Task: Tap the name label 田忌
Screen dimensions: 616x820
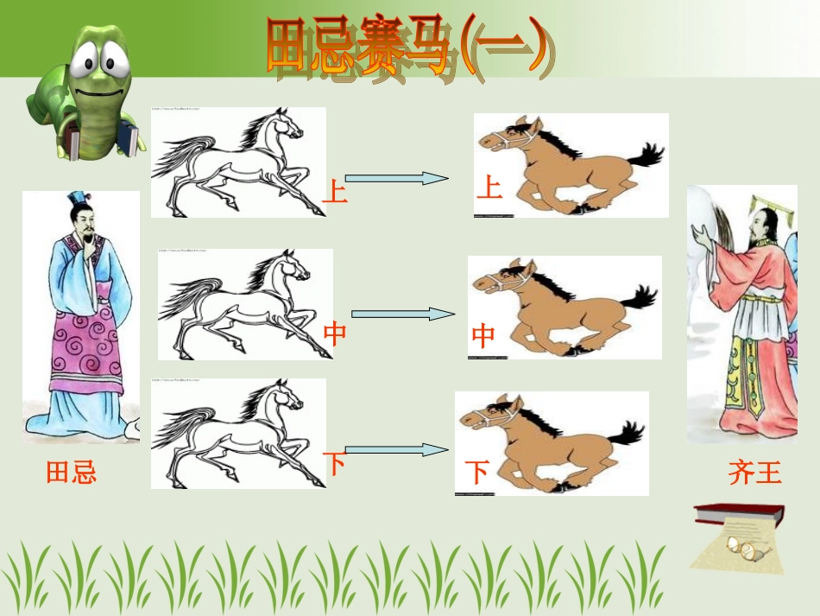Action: click(71, 472)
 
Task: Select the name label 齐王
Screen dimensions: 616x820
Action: click(754, 473)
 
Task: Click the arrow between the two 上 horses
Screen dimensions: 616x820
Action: click(396, 178)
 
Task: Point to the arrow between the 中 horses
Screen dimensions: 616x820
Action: click(401, 314)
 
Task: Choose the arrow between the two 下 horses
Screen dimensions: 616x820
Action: click(396, 449)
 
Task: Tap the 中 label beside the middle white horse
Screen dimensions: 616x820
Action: click(335, 333)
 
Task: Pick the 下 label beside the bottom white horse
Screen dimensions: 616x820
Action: click(335, 464)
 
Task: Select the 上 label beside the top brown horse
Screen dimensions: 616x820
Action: click(489, 187)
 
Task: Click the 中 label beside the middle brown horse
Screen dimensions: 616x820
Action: click(483, 335)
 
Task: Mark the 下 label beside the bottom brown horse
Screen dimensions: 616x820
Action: click(477, 472)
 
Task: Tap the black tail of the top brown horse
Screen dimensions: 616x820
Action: click(646, 156)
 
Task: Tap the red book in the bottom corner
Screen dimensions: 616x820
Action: click(737, 515)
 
